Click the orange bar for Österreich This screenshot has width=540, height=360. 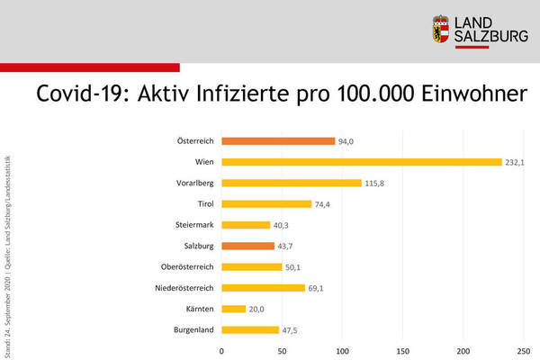tap(278, 141)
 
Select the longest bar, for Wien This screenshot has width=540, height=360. tap(361, 162)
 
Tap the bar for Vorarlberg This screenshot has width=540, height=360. tap(291, 183)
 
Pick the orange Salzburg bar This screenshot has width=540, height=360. tap(247, 246)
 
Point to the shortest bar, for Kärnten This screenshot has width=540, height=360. tap(233, 309)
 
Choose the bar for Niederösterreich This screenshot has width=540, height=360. tap(263, 288)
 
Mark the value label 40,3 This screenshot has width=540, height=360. tap(283, 225)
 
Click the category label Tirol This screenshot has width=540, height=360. tap(202, 204)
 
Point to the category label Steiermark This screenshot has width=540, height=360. tap(194, 225)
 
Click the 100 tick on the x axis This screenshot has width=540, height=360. tap(342, 351)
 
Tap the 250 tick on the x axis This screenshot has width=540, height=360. tap(523, 351)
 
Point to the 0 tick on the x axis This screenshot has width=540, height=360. tap(221, 351)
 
